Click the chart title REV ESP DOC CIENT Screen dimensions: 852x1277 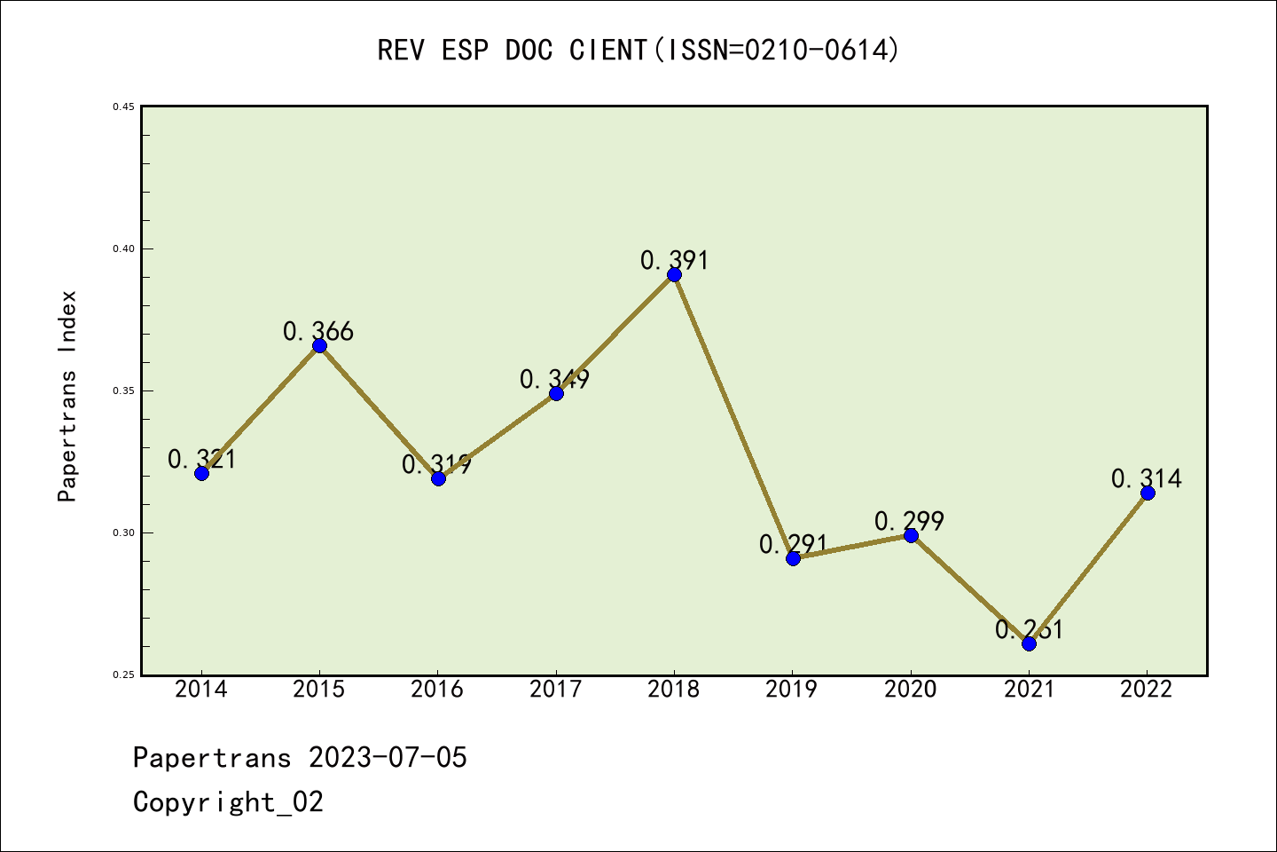point(638,50)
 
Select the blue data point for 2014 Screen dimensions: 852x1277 point(201,473)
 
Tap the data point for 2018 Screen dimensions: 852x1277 point(674,274)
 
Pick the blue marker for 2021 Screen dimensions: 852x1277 point(1029,643)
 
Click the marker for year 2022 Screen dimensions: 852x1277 point(1148,493)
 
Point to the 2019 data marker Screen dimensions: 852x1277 point(793,558)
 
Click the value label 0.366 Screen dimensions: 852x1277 point(318,332)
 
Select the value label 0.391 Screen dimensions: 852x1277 point(675,260)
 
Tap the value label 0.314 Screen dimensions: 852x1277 point(1147,478)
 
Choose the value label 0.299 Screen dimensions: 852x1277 point(909,521)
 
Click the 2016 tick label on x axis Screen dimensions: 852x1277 point(437,690)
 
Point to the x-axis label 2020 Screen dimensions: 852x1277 point(911,690)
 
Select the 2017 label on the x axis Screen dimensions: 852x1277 point(556,690)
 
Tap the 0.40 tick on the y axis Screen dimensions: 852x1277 point(123,248)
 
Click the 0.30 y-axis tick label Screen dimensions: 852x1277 point(123,532)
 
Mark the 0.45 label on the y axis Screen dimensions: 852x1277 point(123,106)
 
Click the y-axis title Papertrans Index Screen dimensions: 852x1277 point(67,396)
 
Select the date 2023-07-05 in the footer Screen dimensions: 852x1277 point(388,758)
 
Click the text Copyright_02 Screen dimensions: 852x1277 point(228,802)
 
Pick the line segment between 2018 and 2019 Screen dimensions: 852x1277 point(733,416)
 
